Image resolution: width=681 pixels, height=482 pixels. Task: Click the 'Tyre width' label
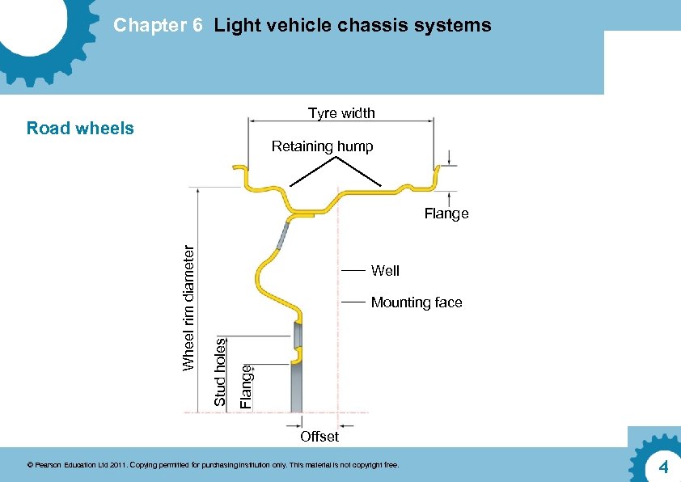pyautogui.click(x=341, y=113)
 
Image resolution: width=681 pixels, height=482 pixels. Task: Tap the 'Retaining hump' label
pyautogui.click(x=322, y=146)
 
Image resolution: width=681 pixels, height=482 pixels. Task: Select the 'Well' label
pyautogui.click(x=385, y=270)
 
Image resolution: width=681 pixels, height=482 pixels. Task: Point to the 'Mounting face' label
pyautogui.click(x=417, y=302)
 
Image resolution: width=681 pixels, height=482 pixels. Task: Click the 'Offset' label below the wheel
pyautogui.click(x=319, y=437)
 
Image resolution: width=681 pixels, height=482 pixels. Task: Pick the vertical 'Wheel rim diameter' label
pyautogui.click(x=188, y=307)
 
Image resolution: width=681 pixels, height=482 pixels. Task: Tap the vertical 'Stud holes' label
pyautogui.click(x=219, y=371)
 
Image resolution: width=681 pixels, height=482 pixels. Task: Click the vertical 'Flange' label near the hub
pyautogui.click(x=247, y=386)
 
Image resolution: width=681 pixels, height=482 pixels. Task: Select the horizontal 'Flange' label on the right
pyautogui.click(x=446, y=214)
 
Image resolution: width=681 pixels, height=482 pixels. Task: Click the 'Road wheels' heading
pyautogui.click(x=80, y=128)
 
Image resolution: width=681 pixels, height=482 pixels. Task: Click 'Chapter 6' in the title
pyautogui.click(x=158, y=25)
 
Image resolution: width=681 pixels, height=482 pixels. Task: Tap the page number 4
pyautogui.click(x=662, y=467)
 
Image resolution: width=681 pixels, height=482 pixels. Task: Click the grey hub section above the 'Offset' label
pyautogui.click(x=297, y=388)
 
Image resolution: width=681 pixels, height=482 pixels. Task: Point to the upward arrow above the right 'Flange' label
pyautogui.click(x=449, y=199)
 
